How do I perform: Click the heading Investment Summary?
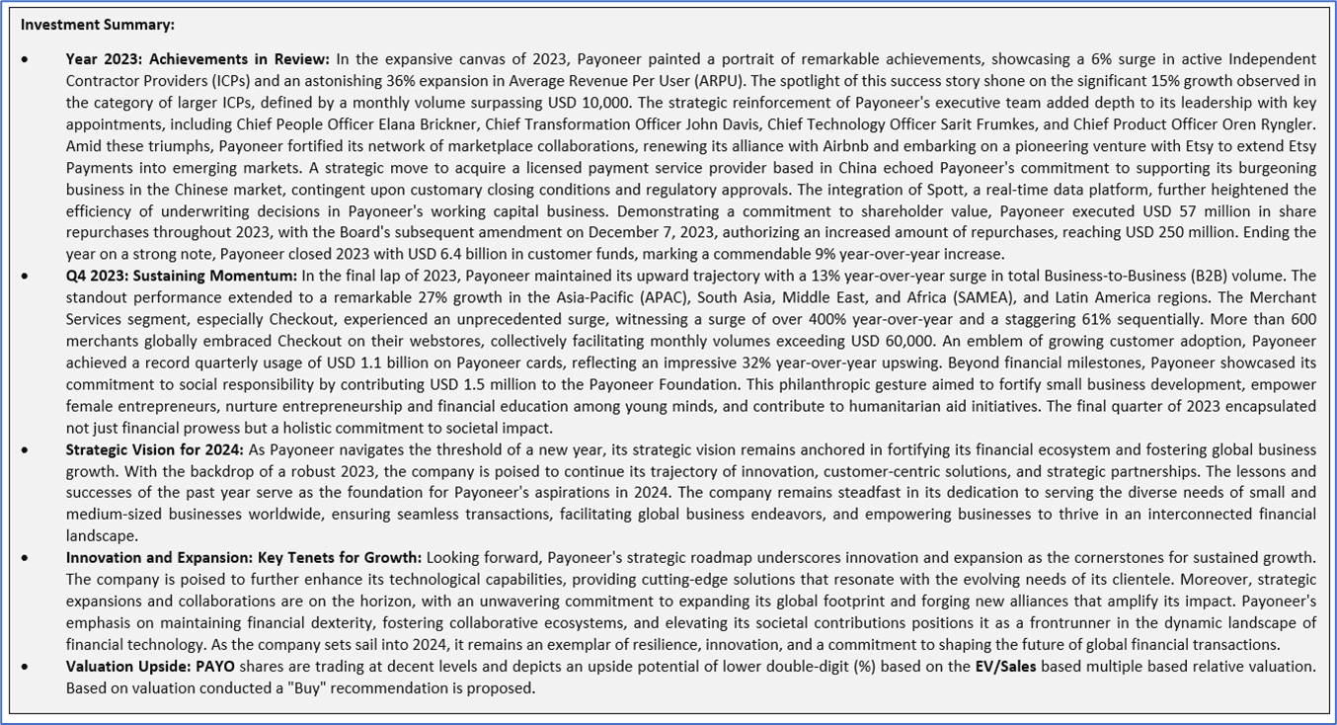tap(97, 25)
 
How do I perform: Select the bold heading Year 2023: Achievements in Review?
tap(197, 59)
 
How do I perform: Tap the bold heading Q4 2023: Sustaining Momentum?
tap(181, 276)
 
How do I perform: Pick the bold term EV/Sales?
tap(1005, 667)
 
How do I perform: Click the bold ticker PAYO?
tap(215, 667)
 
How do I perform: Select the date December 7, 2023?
tap(697, 233)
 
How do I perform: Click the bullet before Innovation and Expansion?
tap(25, 558)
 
